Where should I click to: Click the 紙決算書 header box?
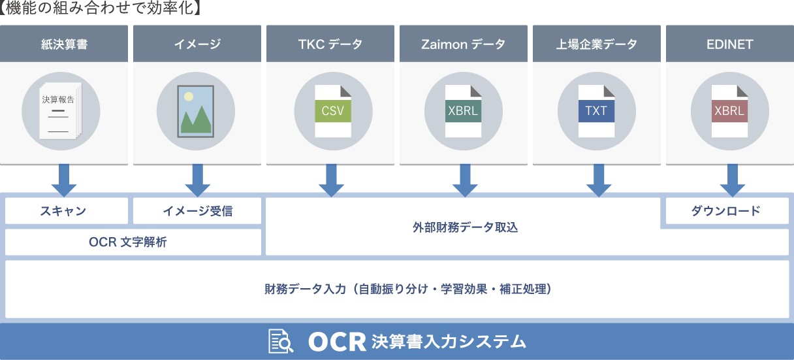[x=64, y=44]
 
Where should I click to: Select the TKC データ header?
[x=330, y=44]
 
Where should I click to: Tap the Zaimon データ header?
[x=464, y=44]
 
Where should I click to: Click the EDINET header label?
[x=730, y=44]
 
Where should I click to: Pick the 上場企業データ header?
[x=597, y=44]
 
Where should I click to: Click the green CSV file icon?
[x=333, y=111]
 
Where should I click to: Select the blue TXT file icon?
[x=597, y=111]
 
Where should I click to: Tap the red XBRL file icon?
[x=730, y=111]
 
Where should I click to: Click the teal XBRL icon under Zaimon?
[x=464, y=111]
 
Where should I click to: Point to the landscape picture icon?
[x=196, y=111]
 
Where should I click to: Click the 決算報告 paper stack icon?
[x=60, y=110]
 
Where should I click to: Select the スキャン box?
[x=67, y=210]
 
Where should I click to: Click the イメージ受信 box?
[x=197, y=210]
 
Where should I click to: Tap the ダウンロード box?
[x=727, y=210]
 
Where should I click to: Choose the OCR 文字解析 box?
[x=133, y=242]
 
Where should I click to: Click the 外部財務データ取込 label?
[x=465, y=227]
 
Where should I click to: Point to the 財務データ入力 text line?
[x=408, y=289]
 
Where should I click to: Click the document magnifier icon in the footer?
[x=280, y=341]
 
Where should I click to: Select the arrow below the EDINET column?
[x=733, y=180]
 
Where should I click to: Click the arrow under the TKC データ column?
[x=332, y=180]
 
